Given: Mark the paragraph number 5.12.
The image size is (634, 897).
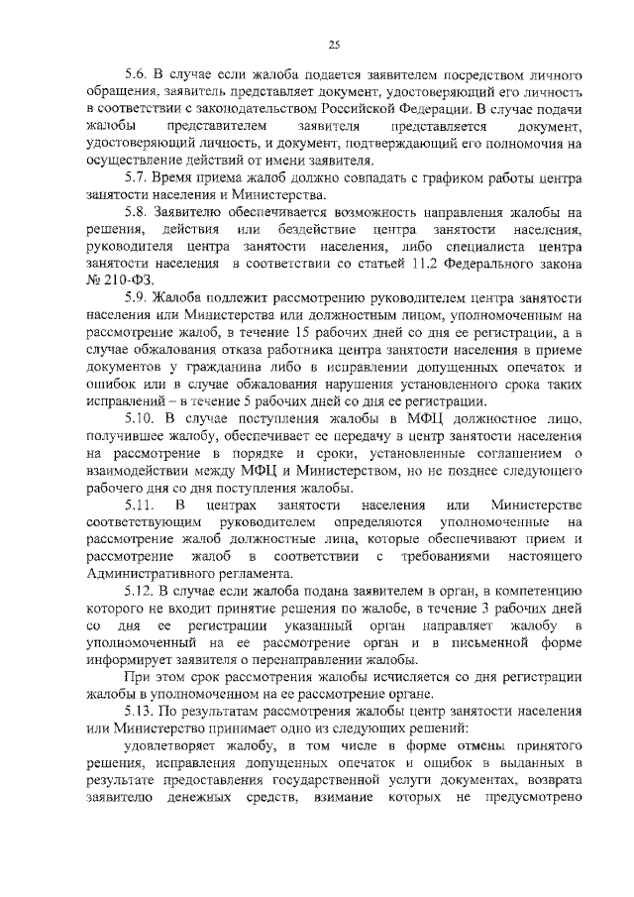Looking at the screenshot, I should pos(139,590).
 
